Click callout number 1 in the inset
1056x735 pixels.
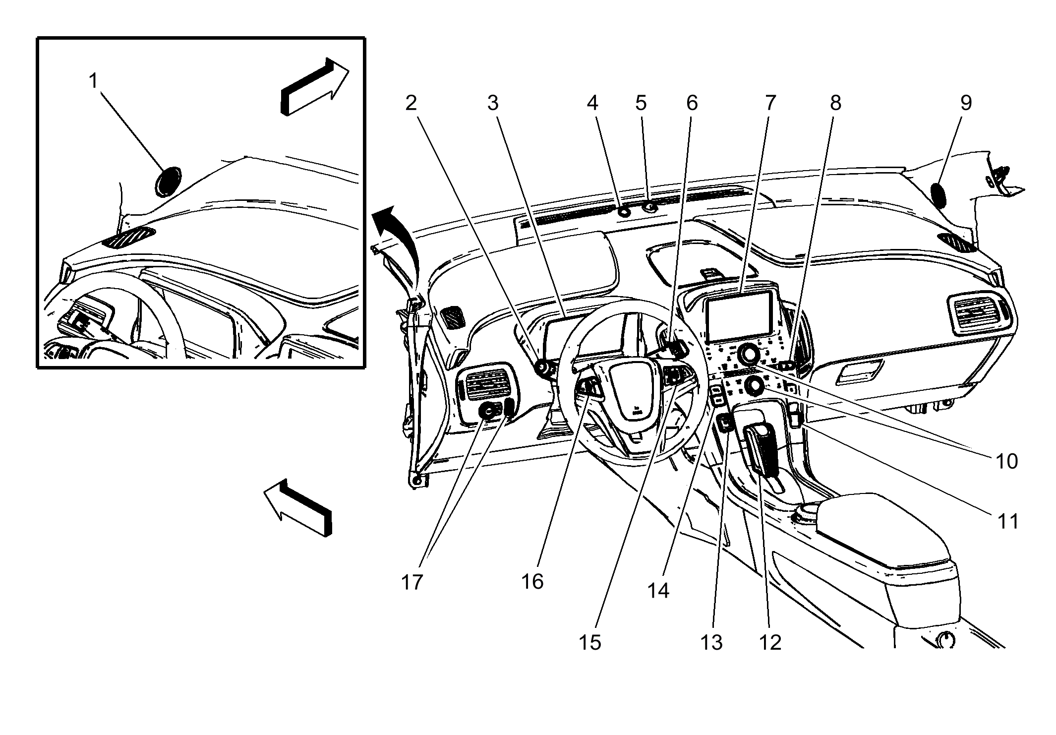coord(93,80)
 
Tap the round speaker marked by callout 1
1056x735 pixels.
coord(168,182)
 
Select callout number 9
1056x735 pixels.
coord(966,103)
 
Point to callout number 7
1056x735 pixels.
coord(769,103)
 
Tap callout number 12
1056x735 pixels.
coord(770,642)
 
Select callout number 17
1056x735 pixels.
coord(411,582)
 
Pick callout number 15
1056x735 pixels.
coord(589,642)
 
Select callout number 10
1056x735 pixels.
coord(1006,461)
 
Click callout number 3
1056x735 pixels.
coord(492,103)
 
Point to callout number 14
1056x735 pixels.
coord(658,590)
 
